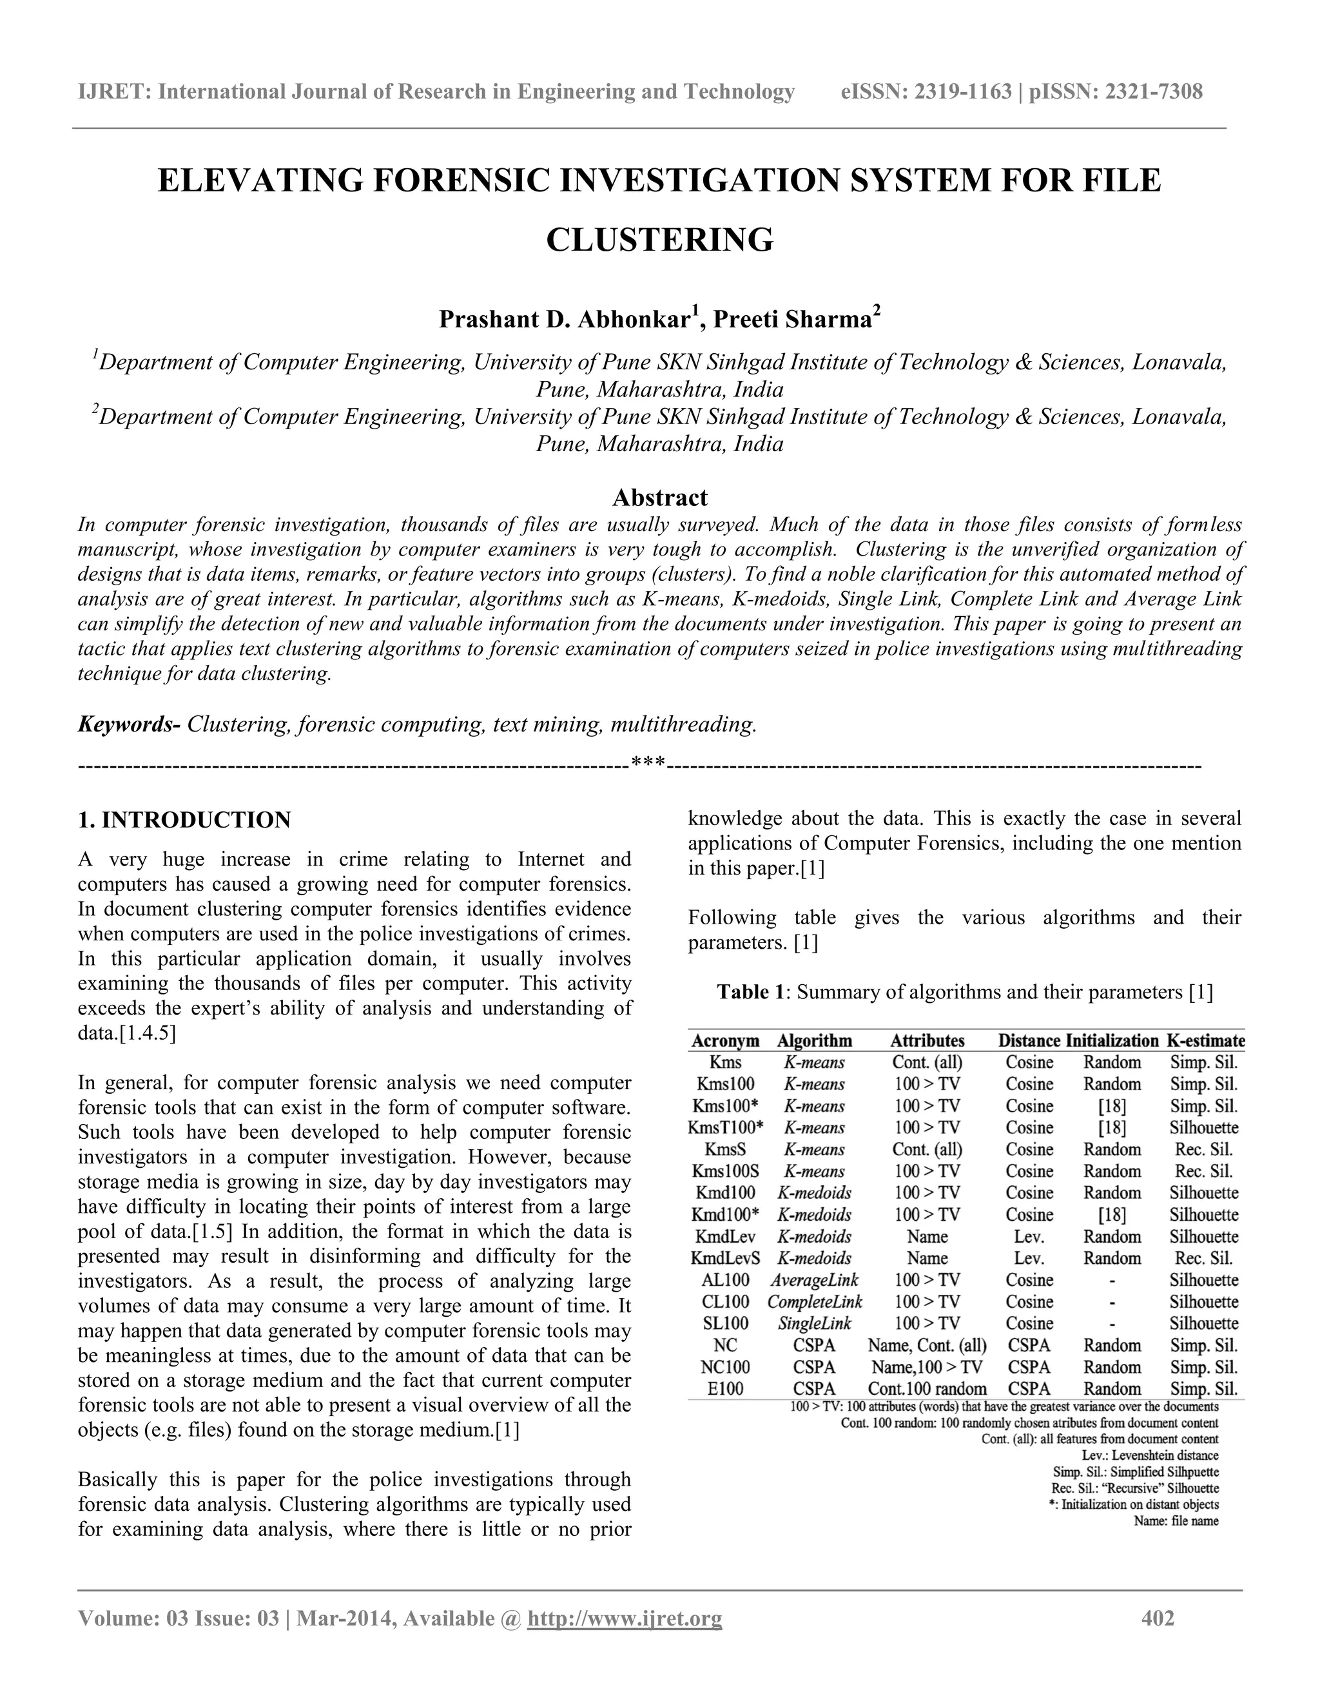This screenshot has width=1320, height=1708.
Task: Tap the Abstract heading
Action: (x=659, y=498)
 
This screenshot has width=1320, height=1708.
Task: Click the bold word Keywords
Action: (x=128, y=724)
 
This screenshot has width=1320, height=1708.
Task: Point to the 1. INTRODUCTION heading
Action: (x=184, y=820)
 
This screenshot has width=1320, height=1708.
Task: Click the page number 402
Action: (x=1158, y=1618)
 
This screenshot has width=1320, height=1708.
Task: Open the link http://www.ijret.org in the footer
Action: (x=625, y=1618)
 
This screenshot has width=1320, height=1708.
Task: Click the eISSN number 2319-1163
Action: (x=963, y=92)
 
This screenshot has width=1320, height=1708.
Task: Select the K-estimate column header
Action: (x=1205, y=1041)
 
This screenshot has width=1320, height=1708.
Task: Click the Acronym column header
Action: (x=725, y=1041)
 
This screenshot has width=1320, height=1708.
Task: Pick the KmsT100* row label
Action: (x=727, y=1128)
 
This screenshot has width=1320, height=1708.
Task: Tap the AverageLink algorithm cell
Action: (x=814, y=1280)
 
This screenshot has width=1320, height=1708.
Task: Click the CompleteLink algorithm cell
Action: (x=814, y=1302)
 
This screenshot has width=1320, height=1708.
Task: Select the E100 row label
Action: (x=725, y=1389)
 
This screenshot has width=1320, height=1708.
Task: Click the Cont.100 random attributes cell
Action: (x=927, y=1389)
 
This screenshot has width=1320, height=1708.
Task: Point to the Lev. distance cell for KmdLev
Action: (x=1029, y=1236)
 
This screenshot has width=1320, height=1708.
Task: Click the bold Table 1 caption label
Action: (x=751, y=993)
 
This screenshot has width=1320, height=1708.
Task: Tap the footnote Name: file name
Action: (x=1176, y=1521)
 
